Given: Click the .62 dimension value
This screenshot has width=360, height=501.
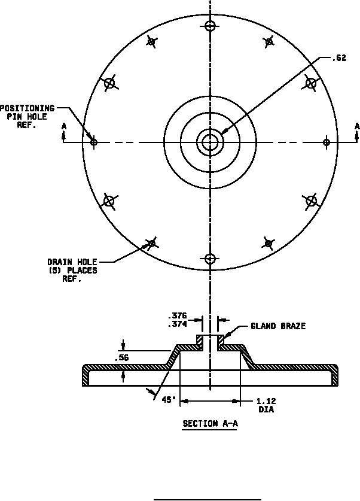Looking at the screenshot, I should tap(340, 58).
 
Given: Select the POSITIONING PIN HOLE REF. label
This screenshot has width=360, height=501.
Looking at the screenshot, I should tap(28, 117).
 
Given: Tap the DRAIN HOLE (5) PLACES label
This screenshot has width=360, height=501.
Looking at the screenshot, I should tap(72, 271).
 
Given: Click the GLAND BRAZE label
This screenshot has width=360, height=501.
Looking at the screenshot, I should tap(277, 326).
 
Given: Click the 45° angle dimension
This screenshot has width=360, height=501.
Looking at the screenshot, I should tap(168, 400).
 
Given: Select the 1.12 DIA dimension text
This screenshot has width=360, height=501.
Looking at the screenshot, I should tap(266, 405).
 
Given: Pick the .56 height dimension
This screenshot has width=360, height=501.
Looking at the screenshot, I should tap(121, 358).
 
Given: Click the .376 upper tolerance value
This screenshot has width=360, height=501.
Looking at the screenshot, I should tap(177, 316).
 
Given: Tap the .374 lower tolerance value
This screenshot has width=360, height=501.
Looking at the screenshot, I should tap(177, 324).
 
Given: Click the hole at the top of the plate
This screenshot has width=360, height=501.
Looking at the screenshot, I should tap(210, 26).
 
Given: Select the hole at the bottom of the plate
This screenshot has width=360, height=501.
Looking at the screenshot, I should tap(210, 259).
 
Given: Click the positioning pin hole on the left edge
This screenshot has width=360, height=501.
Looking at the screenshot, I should tap(93, 142).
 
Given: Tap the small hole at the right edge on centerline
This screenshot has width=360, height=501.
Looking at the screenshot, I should tap(327, 142).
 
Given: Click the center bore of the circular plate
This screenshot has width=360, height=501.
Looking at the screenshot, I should tap(210, 142).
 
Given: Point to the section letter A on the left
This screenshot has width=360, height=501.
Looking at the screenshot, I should tap(63, 126).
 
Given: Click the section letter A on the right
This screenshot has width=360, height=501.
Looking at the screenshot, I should tap(357, 126).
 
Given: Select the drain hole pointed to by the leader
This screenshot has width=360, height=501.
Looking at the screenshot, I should tap(152, 243).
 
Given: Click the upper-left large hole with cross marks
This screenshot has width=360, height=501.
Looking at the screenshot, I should tap(109, 83).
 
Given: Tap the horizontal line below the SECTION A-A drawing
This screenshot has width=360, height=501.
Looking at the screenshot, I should tap(208, 498).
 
